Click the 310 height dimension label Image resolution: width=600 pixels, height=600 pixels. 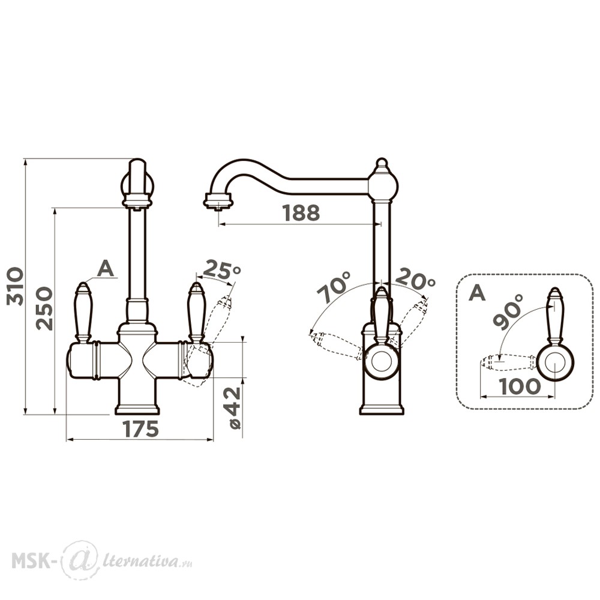click(16, 286)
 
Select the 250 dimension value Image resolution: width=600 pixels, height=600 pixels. click(44, 308)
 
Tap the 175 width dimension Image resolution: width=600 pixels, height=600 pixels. click(141, 429)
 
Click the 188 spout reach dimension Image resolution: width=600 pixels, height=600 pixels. click(301, 213)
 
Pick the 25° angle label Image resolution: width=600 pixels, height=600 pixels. click(221, 270)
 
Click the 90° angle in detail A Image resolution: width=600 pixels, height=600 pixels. click(508, 311)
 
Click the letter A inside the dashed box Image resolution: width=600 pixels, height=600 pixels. click(477, 293)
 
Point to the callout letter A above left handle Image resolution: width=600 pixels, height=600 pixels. click(106, 269)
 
